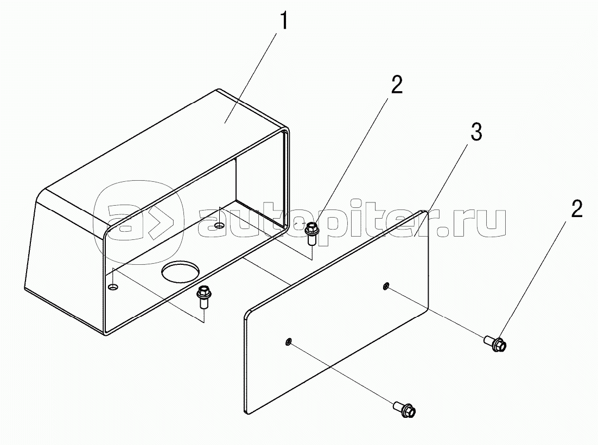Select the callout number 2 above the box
(x=397, y=85)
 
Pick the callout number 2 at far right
(x=577, y=209)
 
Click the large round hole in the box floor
(x=180, y=272)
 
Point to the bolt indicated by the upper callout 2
(x=311, y=233)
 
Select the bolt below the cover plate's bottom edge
(x=404, y=409)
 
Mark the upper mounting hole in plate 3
(x=386, y=285)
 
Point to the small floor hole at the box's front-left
(x=113, y=286)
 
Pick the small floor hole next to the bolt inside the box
(x=219, y=226)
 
